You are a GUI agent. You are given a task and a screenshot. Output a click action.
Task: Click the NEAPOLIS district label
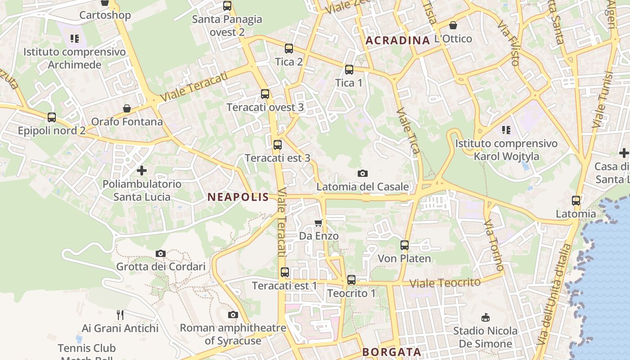[238, 197]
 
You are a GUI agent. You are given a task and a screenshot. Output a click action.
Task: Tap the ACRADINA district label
[398, 40]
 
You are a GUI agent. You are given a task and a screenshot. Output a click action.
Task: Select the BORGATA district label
[391, 352]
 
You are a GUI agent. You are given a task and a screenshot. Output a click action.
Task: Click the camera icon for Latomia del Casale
[362, 173]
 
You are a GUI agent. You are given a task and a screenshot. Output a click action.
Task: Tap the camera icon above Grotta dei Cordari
[160, 253]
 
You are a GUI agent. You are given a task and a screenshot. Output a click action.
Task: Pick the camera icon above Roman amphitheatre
[233, 315]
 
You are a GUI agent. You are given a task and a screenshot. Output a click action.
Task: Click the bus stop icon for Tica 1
[349, 70]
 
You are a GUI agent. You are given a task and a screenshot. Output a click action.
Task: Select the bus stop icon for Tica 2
[289, 49]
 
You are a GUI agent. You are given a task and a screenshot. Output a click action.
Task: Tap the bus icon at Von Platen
[405, 245]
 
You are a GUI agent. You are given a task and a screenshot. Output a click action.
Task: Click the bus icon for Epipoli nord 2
[52, 117]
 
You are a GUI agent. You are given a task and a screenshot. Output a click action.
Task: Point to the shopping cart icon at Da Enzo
[319, 223]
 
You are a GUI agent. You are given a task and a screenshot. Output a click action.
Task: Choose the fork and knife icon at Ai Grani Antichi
[120, 315]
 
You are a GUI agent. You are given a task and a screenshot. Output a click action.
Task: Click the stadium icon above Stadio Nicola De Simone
[485, 318]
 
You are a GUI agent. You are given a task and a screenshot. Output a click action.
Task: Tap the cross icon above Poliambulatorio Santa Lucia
[142, 171]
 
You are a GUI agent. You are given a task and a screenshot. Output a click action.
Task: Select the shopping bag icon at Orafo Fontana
[127, 108]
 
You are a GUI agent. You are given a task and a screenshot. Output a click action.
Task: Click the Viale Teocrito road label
[445, 283]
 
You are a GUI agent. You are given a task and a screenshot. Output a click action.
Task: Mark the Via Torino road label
[494, 246]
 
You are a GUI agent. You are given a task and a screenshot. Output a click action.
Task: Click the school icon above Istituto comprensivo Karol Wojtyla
[506, 130]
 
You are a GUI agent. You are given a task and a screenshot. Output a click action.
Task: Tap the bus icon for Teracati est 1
[284, 272]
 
